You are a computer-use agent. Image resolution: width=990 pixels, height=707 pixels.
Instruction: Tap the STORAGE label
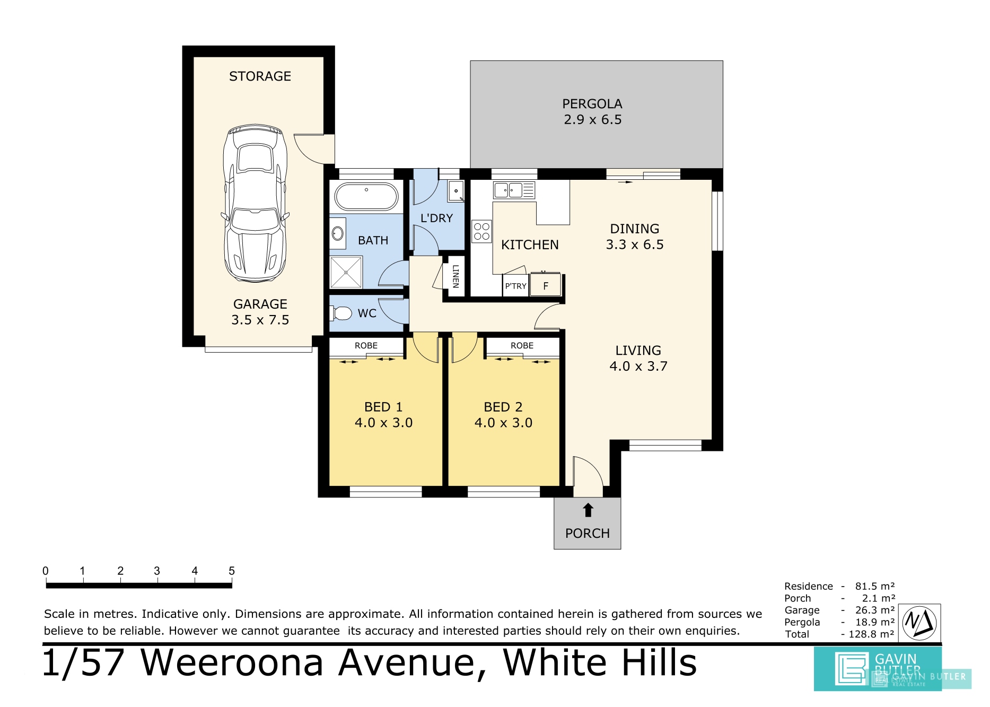[260, 76]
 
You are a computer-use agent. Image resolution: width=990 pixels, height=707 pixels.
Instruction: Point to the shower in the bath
[346, 272]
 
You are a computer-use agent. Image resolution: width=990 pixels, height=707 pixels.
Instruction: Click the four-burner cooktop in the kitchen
[481, 232]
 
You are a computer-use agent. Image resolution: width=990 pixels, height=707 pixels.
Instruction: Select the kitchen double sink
[508, 190]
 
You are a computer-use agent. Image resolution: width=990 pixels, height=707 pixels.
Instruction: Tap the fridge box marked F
[546, 286]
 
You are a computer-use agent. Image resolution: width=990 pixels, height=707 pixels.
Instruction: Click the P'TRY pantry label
[515, 286]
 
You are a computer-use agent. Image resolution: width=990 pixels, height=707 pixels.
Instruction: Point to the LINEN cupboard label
[455, 276]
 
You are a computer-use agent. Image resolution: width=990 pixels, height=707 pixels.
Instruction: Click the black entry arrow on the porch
[588, 510]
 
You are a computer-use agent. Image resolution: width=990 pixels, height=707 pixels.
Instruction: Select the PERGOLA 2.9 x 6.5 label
[592, 112]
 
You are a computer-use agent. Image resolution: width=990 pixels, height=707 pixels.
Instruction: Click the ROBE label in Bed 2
[522, 346]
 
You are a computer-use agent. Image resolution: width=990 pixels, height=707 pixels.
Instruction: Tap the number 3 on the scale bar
[157, 571]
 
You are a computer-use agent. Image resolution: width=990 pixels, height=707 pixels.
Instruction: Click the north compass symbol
[919, 622]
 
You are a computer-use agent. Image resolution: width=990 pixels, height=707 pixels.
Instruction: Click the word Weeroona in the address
[232, 663]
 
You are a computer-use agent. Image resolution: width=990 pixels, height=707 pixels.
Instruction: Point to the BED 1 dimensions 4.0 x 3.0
[383, 423]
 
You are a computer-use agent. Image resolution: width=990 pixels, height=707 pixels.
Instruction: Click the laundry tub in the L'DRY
[456, 191]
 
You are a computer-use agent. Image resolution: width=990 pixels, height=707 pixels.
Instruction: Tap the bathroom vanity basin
[337, 233]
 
